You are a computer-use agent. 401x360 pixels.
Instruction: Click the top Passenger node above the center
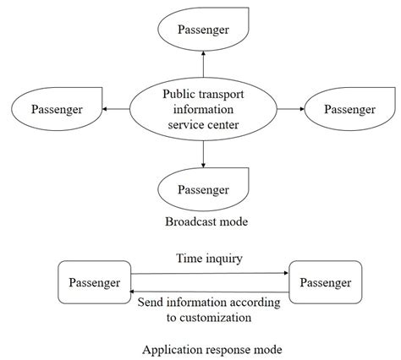click(x=203, y=30)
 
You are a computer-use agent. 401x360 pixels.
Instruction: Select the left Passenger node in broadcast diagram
click(x=56, y=109)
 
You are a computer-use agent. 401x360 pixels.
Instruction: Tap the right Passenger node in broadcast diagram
click(x=349, y=109)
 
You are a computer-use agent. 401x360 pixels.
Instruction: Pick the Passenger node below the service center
click(x=203, y=188)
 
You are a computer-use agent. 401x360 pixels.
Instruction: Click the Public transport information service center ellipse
click(x=203, y=109)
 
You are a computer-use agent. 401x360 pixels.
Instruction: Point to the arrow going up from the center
click(x=203, y=63)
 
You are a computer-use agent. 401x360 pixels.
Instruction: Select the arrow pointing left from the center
click(x=115, y=109)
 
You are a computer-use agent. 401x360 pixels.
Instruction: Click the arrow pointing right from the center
click(x=290, y=109)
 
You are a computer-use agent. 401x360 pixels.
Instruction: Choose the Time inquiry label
click(x=207, y=259)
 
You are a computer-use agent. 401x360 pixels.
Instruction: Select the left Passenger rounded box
click(x=94, y=282)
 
